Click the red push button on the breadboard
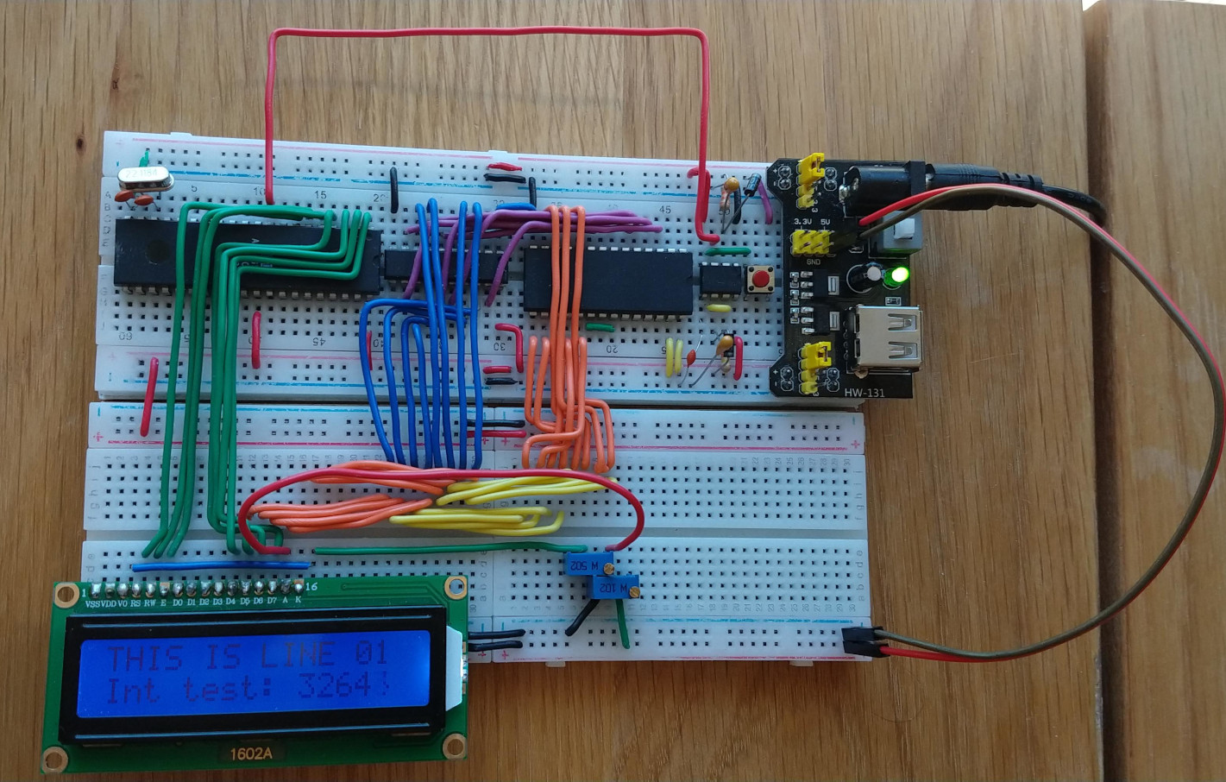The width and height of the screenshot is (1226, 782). coord(760,280)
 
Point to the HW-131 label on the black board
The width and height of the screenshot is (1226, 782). coord(865,393)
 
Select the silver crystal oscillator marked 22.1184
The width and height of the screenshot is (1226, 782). coord(144,178)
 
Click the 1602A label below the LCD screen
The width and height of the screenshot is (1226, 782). coord(251,753)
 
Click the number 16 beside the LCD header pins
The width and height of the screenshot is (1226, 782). coord(311,587)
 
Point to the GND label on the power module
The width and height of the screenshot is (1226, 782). coord(812,260)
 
